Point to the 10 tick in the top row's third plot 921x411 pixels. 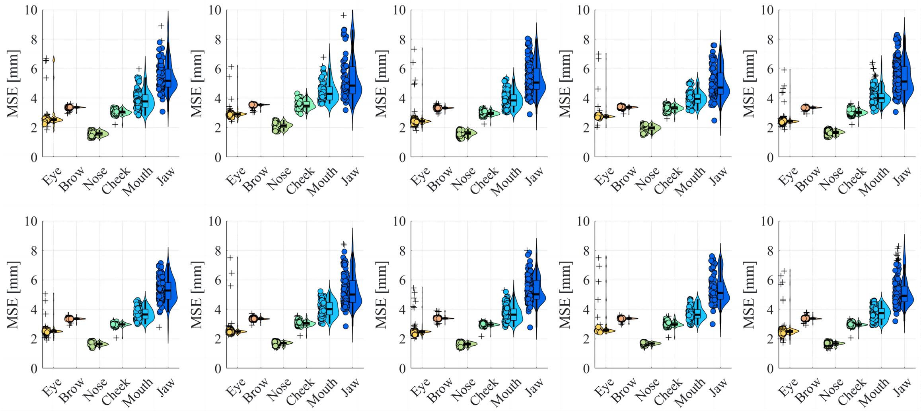point(399,10)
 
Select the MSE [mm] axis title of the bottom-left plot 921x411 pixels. point(13,295)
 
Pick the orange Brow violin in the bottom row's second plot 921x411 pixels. point(264,319)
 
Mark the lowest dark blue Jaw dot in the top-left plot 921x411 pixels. point(162,112)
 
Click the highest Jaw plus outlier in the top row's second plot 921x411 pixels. point(344,16)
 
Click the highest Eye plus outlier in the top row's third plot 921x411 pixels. point(414,49)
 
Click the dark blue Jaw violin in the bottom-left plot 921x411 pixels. point(172,295)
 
